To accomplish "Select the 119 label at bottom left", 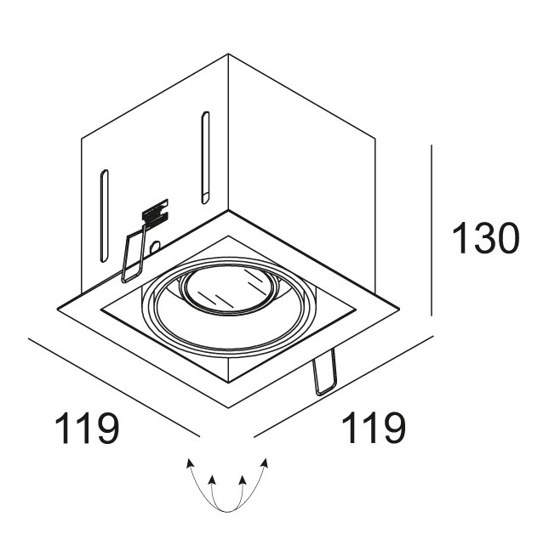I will [85, 429].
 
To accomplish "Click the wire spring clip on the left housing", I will [131, 256].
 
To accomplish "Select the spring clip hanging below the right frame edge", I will [324, 374].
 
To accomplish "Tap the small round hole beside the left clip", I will [155, 247].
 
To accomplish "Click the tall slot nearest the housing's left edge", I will [104, 218].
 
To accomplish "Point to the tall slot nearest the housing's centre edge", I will [205, 157].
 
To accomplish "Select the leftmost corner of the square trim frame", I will [57, 304].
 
